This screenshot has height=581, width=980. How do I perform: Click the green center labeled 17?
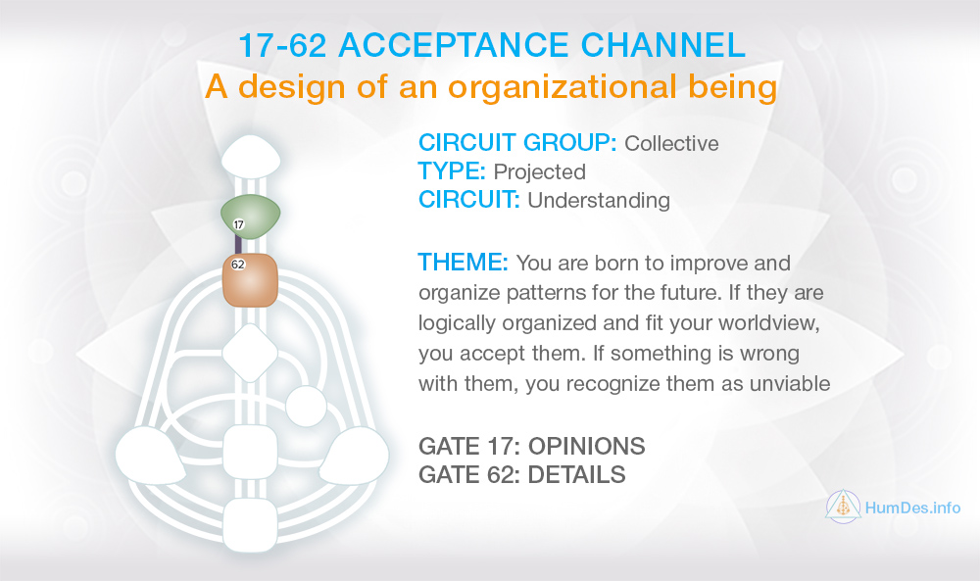coord(251,216)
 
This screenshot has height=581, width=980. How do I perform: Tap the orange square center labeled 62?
coord(250,280)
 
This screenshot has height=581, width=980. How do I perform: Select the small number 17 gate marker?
coord(238,224)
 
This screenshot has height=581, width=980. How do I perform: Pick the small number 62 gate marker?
coord(238,265)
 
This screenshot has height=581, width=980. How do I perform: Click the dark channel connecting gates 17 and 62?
coord(238,244)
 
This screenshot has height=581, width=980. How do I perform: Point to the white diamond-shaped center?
coord(250,353)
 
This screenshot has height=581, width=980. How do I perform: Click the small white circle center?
coord(306,407)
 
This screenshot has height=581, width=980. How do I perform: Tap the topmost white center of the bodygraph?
coord(251,156)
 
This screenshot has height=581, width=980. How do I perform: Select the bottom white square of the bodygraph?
coord(250,525)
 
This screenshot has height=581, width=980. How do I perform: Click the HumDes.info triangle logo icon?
coord(843,507)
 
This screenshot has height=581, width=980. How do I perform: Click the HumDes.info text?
coord(912,508)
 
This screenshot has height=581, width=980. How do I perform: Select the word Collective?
coord(671,143)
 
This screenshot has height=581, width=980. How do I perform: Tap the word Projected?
coord(539,171)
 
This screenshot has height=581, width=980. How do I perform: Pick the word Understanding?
coord(599,201)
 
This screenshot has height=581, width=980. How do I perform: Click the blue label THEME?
coord(464,263)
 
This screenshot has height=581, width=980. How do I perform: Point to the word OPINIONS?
coord(587,446)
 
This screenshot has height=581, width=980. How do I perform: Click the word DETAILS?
coord(577,475)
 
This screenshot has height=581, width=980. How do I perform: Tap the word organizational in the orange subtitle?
coord(563,86)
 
